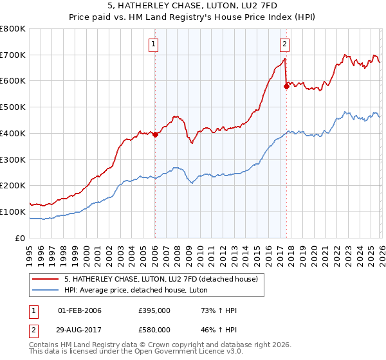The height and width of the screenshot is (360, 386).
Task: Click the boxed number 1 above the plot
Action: [x=154, y=44]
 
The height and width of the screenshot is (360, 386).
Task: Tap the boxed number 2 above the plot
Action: [x=284, y=44]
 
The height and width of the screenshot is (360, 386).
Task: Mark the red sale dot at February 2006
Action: [x=155, y=134]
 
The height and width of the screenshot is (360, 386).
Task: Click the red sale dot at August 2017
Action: [x=286, y=86]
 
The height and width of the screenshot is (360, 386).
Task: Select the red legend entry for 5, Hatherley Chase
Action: [x=161, y=278]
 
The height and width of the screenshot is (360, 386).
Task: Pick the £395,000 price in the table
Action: [x=154, y=310]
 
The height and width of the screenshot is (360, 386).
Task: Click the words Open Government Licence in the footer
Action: [x=178, y=352]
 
